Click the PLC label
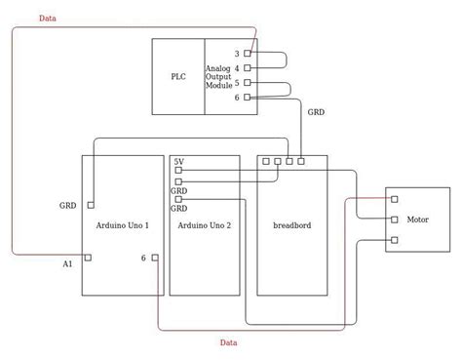(177, 76)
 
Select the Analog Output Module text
(219, 76)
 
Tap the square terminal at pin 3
(248, 54)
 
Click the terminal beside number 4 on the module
(248, 68)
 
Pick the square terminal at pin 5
(248, 83)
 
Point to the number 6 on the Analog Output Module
(237, 98)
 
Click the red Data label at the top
(47, 19)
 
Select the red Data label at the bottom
(228, 342)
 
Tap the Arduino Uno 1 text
(124, 225)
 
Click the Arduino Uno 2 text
(205, 225)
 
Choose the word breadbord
(291, 225)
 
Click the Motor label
(417, 220)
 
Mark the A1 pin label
(67, 264)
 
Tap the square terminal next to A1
(88, 258)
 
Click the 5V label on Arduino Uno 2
(179, 161)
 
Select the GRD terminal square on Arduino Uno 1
(91, 205)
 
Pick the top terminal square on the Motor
(394, 199)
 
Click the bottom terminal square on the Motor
(394, 240)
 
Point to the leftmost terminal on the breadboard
(266, 161)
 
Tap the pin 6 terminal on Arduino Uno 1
(155, 258)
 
